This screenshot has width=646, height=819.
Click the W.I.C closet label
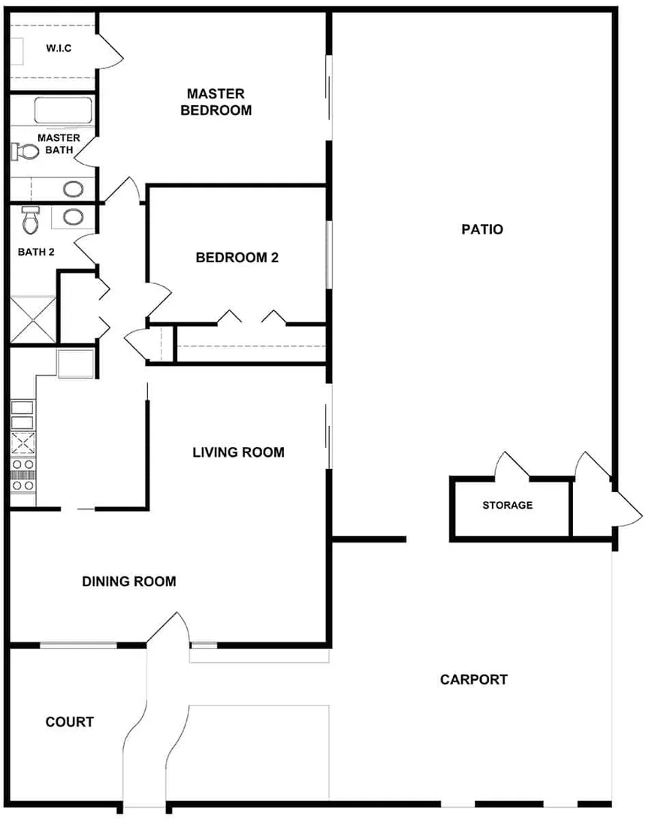59,48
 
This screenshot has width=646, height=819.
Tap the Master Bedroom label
216,102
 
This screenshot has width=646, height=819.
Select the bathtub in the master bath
63,110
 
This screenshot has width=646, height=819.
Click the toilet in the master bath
25,152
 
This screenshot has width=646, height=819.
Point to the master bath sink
73,189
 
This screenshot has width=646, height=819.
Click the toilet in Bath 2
31,220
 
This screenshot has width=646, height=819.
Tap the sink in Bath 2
73,216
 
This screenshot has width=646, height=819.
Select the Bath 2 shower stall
33,319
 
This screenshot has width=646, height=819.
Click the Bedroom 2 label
237,258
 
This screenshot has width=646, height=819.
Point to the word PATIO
482,229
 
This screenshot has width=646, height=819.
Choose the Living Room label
238,452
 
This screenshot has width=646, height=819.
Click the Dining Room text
129,582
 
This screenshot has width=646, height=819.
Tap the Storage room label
508,505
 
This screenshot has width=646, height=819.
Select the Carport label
474,679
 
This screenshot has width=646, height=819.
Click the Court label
69,722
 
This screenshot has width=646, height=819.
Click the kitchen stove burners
23,475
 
